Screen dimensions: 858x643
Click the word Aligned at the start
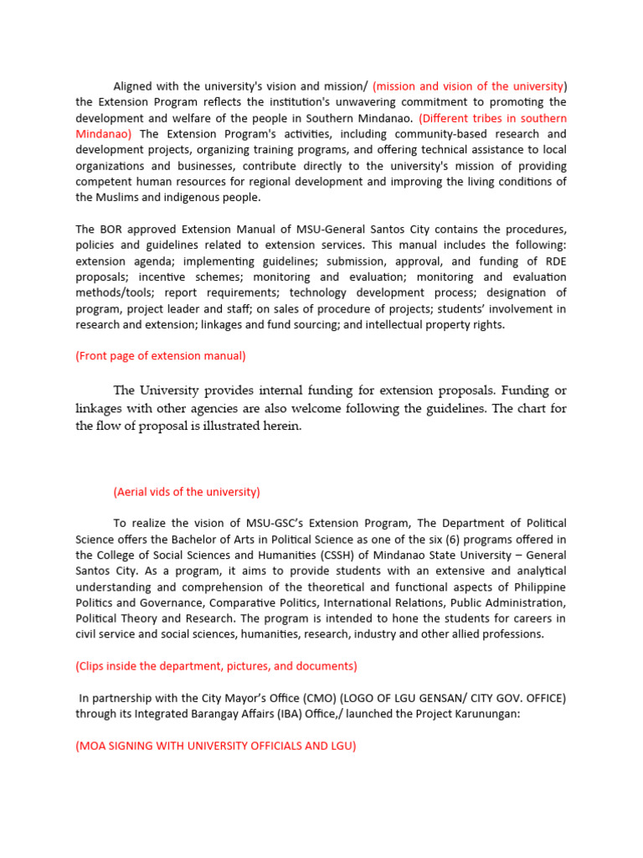pos(134,86)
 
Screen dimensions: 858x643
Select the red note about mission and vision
pos(470,86)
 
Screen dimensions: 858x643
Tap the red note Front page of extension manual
pos(161,356)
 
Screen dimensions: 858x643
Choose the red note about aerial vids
pos(187,492)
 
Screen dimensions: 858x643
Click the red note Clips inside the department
pos(216,666)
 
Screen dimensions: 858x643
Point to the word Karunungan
pos(479,714)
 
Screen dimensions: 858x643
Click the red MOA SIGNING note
pos(215,746)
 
